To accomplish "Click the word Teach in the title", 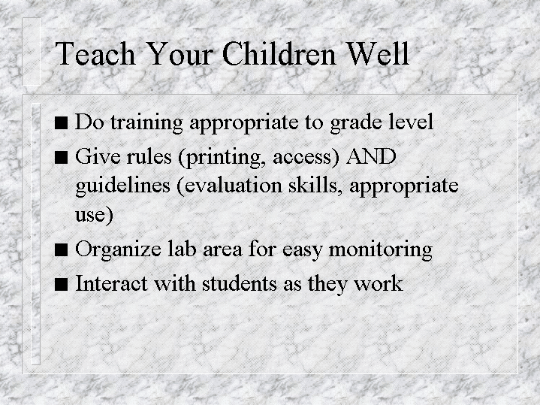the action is tap(95, 53).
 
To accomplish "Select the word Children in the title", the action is tap(279, 53).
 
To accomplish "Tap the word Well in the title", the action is tap(378, 53).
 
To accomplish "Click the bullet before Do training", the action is tap(62, 122).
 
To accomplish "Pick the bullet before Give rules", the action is tap(62, 157).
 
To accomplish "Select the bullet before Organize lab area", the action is tap(62, 250).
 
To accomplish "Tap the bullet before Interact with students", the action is tap(62, 284).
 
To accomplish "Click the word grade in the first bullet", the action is tap(357, 123).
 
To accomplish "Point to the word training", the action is tap(146, 122).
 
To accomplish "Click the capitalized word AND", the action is tap(371, 157).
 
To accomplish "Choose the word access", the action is tap(303, 159).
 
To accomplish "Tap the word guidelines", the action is tap(123, 186).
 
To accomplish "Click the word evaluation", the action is tap(234, 186).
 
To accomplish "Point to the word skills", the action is tap(315, 186).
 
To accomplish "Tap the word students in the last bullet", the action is tap(240, 284).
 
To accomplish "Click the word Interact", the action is tap(112, 284).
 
